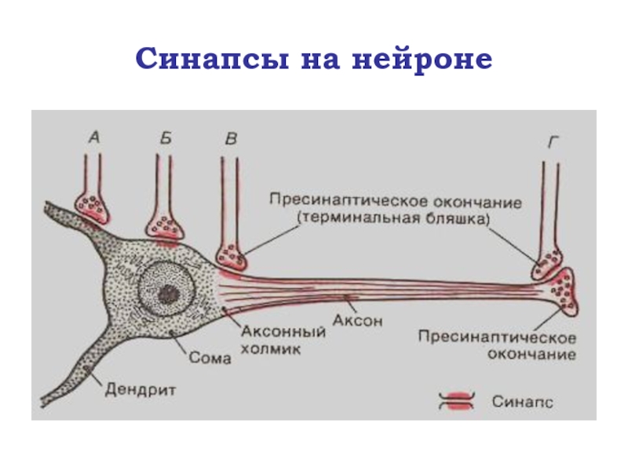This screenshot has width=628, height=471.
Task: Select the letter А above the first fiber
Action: (93, 138)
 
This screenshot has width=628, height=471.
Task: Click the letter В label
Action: (230, 139)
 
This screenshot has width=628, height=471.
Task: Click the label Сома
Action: (210, 358)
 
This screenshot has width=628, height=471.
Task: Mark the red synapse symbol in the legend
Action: (455, 401)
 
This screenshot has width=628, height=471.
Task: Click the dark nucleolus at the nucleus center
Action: (166, 294)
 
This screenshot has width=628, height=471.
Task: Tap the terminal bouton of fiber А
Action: (93, 207)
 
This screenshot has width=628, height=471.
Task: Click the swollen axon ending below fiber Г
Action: (564, 290)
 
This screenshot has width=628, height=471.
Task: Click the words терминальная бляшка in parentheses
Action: (392, 218)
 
